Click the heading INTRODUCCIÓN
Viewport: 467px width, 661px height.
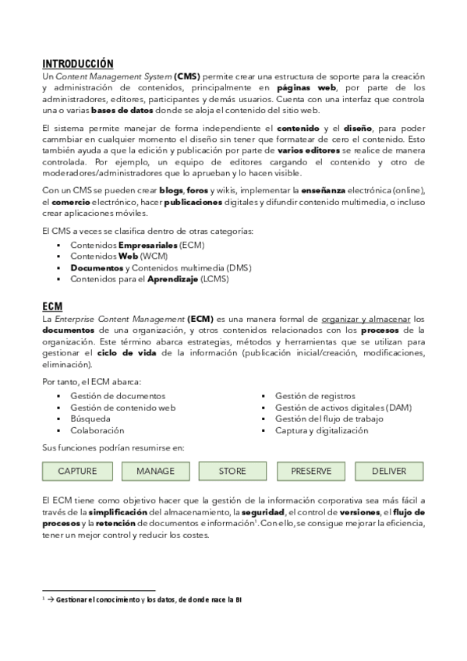point(77,63)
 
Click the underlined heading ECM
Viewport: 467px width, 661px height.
point(52,306)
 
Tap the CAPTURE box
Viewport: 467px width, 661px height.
point(78,471)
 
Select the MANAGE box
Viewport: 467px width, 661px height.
point(155,471)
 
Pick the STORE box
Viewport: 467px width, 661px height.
point(232,471)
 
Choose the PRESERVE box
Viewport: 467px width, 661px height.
point(311,471)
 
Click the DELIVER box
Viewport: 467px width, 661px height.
point(389,471)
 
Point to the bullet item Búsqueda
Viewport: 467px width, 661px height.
point(90,419)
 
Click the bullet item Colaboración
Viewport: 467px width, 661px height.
point(97,430)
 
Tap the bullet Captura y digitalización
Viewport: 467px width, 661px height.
point(321,430)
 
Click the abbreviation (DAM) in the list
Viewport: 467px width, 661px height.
point(398,407)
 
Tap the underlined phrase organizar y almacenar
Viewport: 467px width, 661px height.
point(365,319)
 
